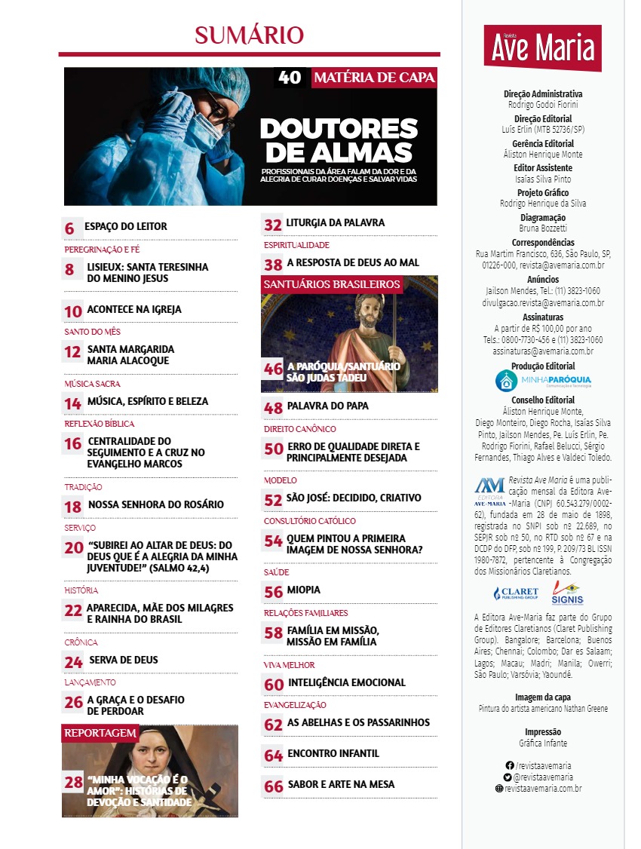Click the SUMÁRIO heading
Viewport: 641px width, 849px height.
click(249, 35)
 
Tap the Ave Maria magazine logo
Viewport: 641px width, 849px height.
click(544, 48)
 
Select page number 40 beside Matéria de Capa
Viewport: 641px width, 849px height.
click(290, 78)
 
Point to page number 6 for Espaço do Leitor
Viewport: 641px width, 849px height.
click(69, 227)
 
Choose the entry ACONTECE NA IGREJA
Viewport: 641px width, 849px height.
click(134, 309)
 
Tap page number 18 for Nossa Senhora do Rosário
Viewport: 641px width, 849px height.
click(73, 505)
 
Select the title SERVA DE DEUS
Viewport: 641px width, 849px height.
click(123, 660)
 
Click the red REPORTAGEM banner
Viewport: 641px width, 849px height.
click(100, 733)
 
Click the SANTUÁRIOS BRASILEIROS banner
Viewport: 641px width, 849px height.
click(331, 284)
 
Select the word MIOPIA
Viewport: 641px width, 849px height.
click(303, 590)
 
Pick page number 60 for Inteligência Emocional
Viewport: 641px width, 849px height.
click(274, 684)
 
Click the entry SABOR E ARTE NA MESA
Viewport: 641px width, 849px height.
click(341, 784)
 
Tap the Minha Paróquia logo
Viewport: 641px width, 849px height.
click(543, 380)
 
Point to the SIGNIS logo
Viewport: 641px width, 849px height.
click(567, 594)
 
